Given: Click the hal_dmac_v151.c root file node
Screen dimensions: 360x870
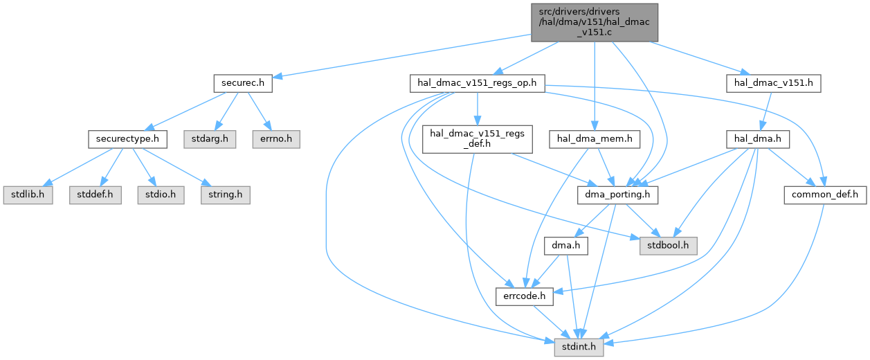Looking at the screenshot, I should tap(594, 22).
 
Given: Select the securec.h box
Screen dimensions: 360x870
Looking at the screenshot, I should tap(242, 84).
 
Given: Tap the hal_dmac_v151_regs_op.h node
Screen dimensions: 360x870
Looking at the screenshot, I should tap(478, 84).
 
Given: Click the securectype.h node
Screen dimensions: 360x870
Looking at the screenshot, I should tap(128, 139).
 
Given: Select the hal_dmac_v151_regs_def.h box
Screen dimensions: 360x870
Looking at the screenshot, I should tap(478, 139).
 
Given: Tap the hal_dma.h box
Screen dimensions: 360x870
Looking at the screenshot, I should tap(757, 139).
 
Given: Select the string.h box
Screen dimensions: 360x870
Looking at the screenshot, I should tap(224, 195).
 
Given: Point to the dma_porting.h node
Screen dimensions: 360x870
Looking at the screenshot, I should tap(617, 195).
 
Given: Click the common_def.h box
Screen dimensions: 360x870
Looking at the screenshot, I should tap(825, 195).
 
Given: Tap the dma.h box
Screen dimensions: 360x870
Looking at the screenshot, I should tap(565, 245).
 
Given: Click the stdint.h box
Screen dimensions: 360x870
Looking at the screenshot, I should tap(579, 345).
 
